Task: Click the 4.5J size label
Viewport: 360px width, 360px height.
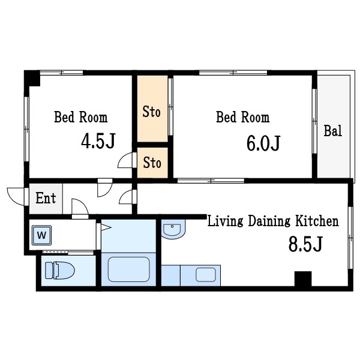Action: (98, 140)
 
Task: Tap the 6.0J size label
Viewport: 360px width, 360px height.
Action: (263, 143)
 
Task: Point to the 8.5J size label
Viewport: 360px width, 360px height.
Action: (305, 244)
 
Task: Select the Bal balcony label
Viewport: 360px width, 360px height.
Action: (332, 131)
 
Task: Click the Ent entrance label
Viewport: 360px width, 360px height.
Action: (46, 198)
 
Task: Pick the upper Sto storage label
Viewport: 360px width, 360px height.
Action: (152, 112)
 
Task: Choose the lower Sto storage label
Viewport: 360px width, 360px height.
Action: (152, 163)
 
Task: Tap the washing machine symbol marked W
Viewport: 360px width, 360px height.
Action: (41, 235)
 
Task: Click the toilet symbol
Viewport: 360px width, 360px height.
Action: (60, 271)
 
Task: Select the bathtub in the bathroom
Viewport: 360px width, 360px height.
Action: (129, 269)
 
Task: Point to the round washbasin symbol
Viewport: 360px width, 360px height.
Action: (172, 229)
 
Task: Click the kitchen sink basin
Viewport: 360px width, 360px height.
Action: (206, 275)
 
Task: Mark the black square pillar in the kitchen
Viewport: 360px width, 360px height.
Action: (303, 279)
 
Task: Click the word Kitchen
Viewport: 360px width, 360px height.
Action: (317, 221)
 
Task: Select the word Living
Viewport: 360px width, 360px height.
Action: (225, 221)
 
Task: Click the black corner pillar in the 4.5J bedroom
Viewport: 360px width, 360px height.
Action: (32, 78)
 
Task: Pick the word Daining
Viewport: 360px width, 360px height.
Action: (269, 221)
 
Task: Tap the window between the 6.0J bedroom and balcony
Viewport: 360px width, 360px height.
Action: (314, 121)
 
